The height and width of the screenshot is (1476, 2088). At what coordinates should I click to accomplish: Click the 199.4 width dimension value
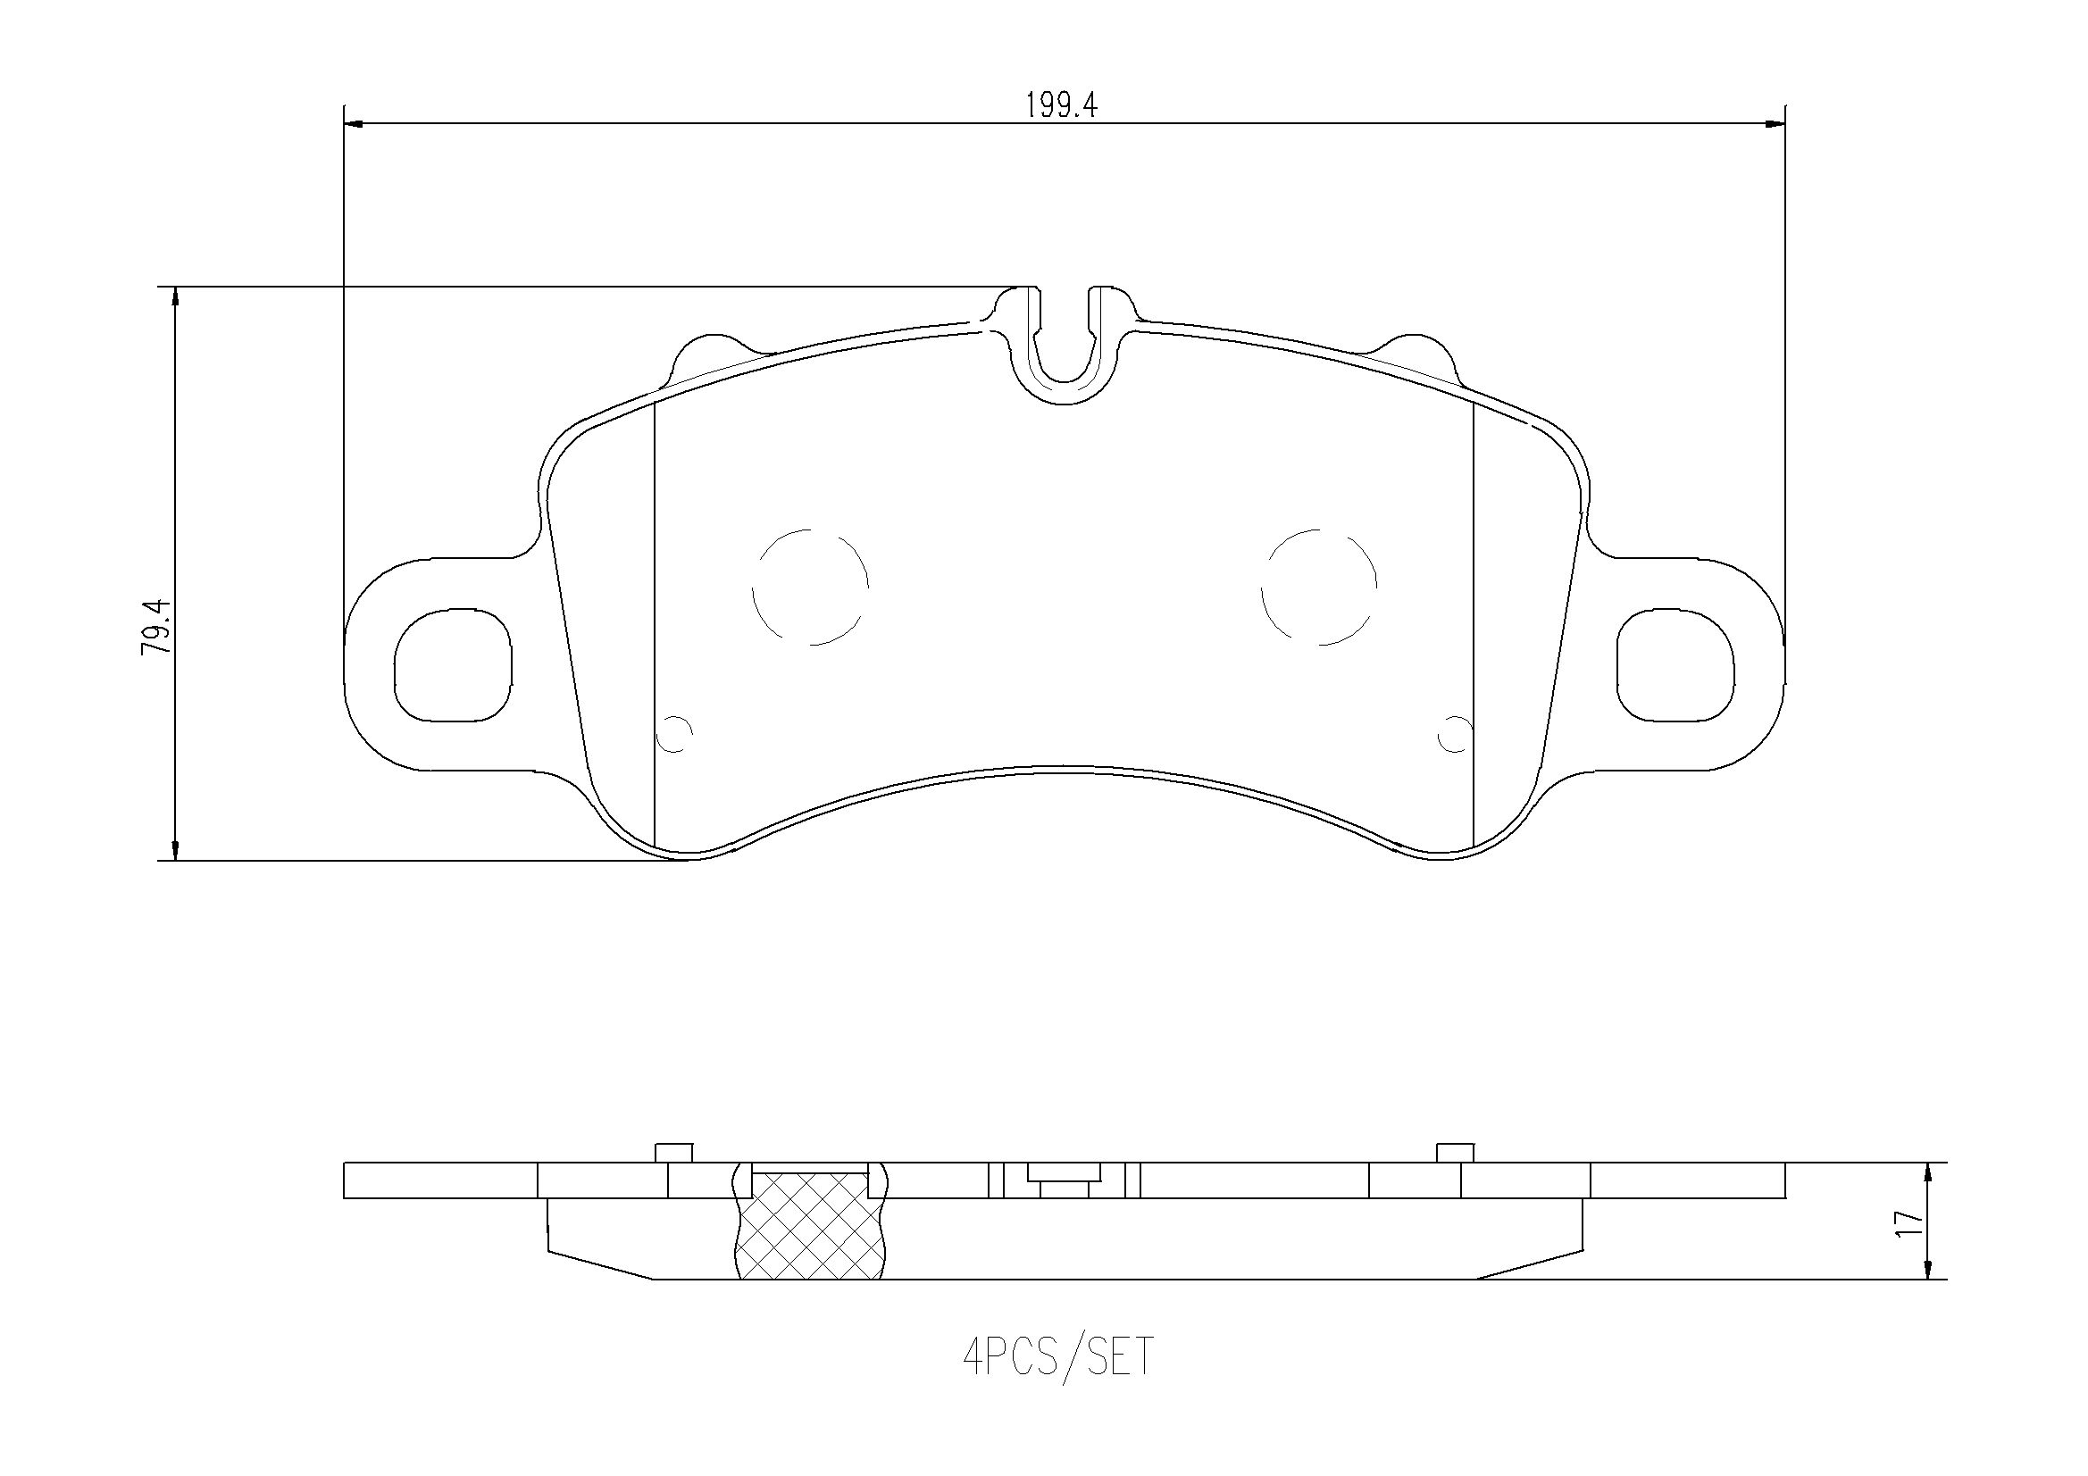[1061, 106]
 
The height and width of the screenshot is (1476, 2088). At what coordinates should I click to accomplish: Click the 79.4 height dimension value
[155, 628]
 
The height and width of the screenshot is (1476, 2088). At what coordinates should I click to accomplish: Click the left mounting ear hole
[453, 665]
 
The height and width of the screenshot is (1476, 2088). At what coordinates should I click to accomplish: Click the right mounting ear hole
[1675, 665]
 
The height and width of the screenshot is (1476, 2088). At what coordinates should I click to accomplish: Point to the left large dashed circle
[810, 588]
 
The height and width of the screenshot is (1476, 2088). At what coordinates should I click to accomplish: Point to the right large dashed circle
[1319, 588]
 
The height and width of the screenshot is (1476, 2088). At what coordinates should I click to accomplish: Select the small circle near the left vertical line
[677, 733]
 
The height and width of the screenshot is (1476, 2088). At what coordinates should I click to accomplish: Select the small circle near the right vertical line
[1453, 733]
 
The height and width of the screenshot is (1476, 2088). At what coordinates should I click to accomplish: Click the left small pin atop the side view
[674, 1152]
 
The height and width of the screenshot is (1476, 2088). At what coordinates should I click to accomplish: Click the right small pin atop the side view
[1454, 1152]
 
